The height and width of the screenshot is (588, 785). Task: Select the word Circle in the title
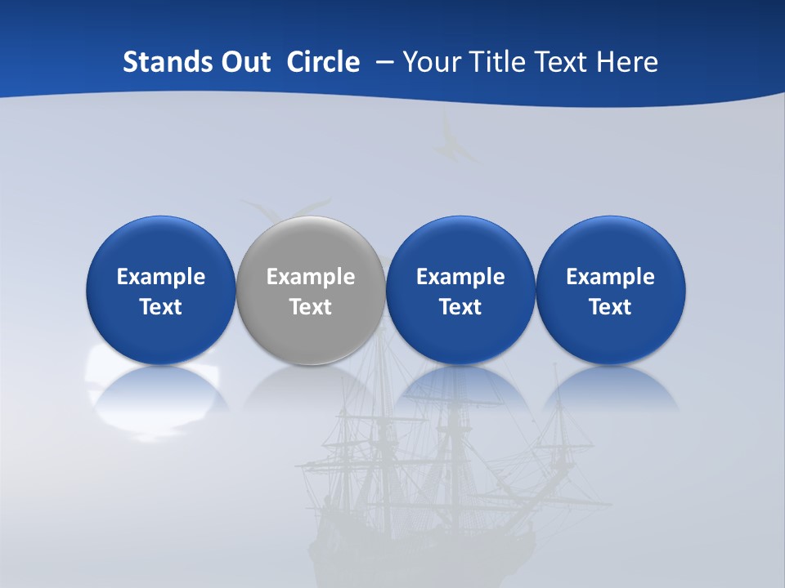click(323, 62)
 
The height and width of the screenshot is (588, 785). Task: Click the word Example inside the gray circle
click(311, 277)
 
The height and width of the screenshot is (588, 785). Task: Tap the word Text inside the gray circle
click(311, 307)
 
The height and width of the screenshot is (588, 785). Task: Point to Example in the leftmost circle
click(161, 277)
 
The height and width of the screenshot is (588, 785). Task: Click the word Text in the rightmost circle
click(610, 307)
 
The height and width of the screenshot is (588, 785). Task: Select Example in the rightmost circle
click(610, 277)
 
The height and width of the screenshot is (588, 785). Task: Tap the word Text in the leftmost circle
click(161, 307)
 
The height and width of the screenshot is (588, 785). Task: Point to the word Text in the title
click(565, 62)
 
